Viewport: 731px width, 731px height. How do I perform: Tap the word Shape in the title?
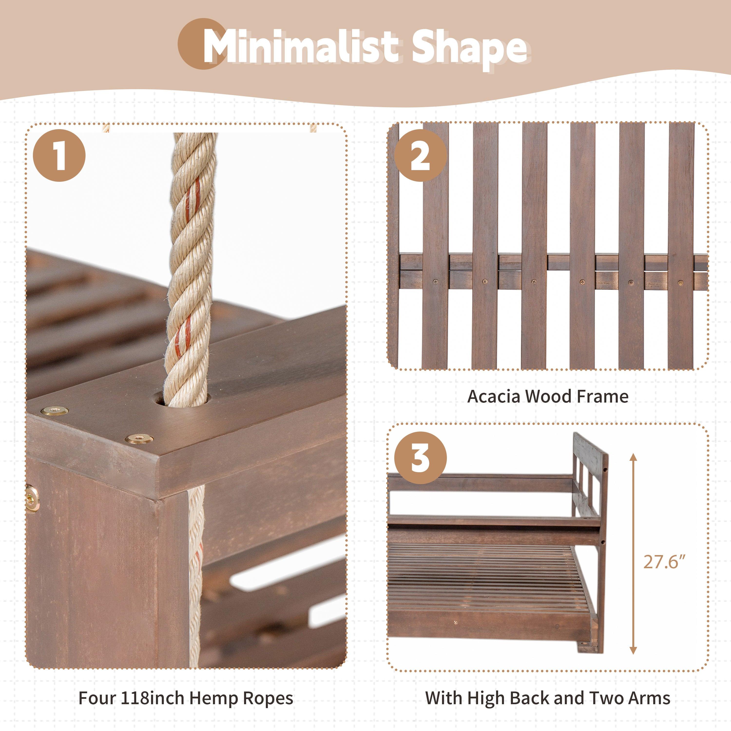(469, 49)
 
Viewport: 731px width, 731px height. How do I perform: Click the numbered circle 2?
(420, 155)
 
